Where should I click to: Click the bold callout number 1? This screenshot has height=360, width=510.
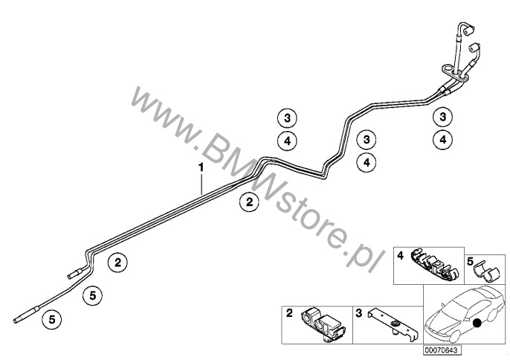[201, 168]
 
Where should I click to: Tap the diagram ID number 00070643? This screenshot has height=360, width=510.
[442, 350]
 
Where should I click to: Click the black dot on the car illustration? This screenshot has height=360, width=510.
[477, 323]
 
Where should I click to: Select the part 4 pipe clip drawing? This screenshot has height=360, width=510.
[434, 265]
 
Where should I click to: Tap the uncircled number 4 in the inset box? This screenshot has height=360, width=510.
[401, 256]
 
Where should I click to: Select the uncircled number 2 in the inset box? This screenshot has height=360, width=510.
[289, 313]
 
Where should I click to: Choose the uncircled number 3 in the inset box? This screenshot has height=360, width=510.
[359, 313]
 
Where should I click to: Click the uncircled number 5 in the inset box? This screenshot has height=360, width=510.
[470, 261]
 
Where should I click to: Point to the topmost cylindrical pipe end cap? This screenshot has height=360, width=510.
[468, 31]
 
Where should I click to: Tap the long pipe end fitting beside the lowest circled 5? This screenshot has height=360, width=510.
[27, 315]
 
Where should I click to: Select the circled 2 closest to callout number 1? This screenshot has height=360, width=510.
[249, 202]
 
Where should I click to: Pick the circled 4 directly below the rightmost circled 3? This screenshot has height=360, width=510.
[442, 140]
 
